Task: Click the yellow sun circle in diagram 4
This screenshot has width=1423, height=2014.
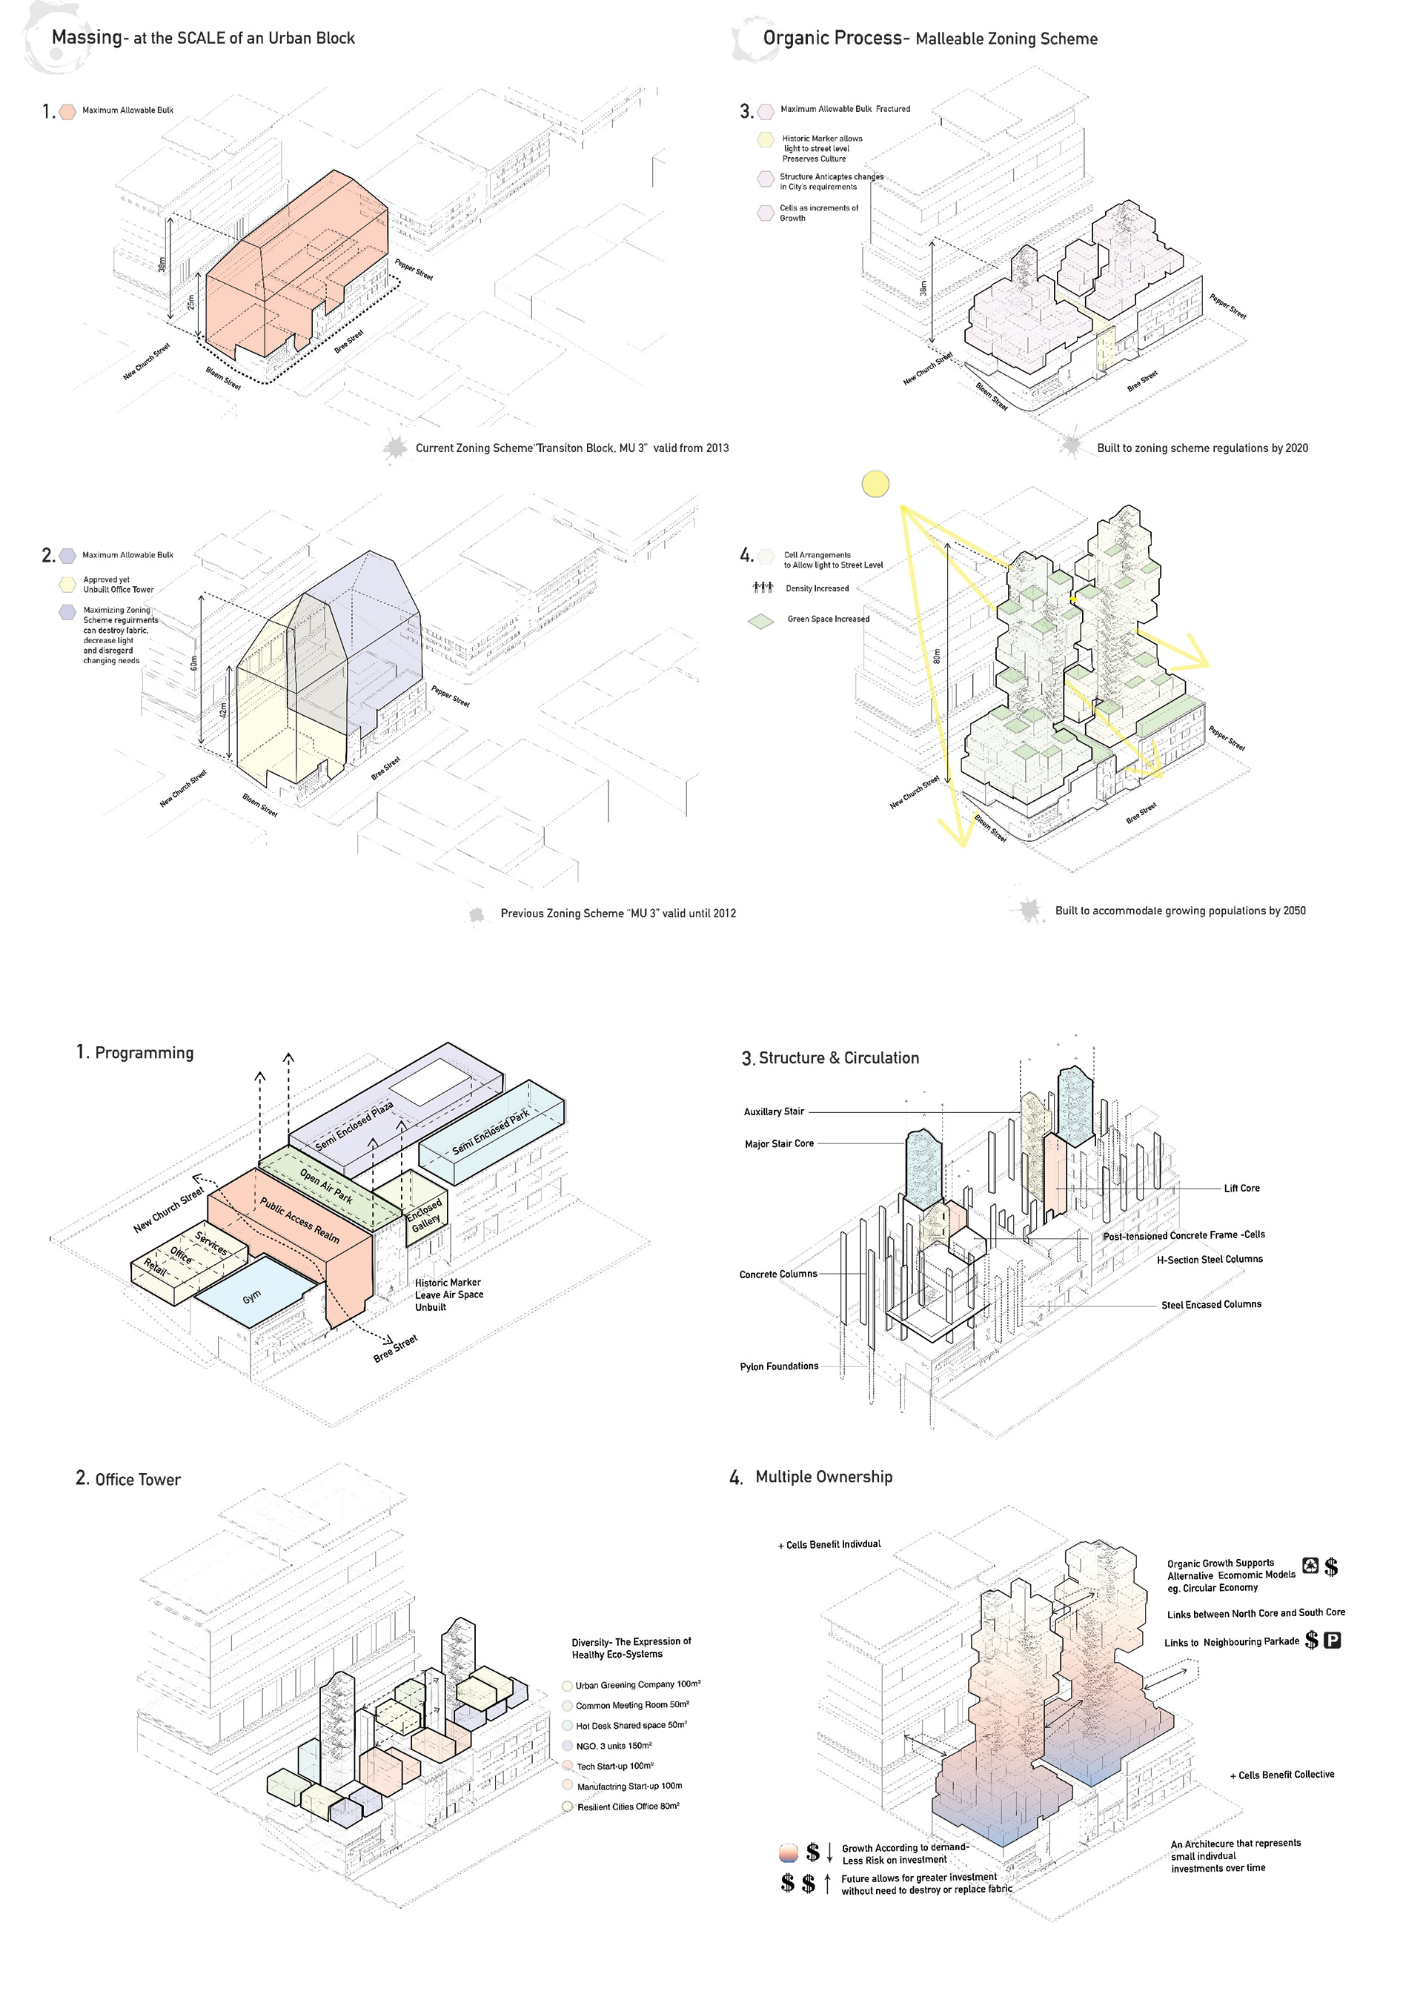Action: [x=875, y=483]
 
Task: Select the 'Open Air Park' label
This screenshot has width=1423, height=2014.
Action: [x=326, y=1185]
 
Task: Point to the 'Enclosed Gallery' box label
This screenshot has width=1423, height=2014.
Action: [x=425, y=1215]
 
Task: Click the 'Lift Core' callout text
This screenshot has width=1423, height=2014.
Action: [x=1241, y=1189]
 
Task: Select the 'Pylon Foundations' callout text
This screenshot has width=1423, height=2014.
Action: [x=779, y=1366]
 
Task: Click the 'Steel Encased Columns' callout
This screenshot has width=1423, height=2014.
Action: [x=1211, y=1304]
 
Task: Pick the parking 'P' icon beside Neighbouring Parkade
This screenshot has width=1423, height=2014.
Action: [x=1332, y=1641]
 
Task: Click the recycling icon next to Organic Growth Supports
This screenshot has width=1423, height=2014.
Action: [x=1310, y=1565]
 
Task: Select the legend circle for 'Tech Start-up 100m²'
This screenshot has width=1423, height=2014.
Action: [x=568, y=1766]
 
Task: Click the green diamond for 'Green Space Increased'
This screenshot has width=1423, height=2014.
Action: [x=760, y=620]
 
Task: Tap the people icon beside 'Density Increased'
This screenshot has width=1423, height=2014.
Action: [x=763, y=588]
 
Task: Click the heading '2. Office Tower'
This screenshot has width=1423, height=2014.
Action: [x=128, y=1479]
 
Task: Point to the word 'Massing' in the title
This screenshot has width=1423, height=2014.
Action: [x=87, y=37]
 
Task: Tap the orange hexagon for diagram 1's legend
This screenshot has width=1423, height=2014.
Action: [x=67, y=111]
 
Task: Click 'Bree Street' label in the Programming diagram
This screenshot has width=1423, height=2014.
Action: [x=396, y=1348]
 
